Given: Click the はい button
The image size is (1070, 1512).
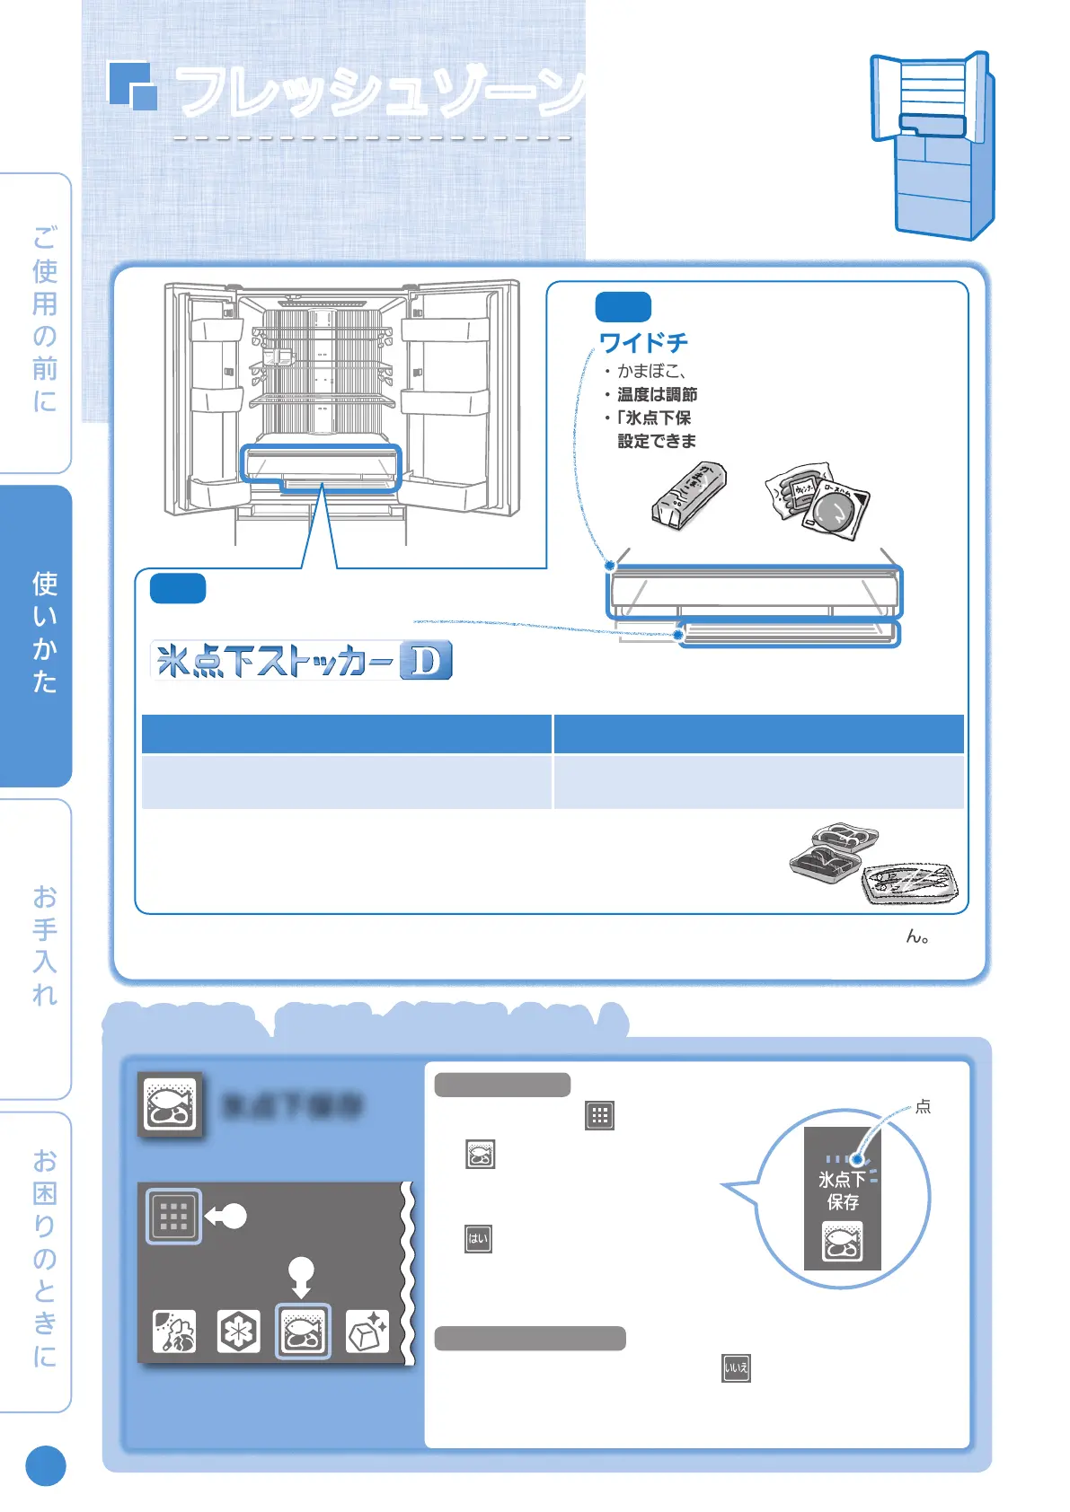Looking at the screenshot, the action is (478, 1239).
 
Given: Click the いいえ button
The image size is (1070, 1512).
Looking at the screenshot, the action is (736, 1368).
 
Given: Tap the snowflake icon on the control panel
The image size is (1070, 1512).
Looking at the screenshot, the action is (238, 1331).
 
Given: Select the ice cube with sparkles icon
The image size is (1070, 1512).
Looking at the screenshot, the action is (367, 1331).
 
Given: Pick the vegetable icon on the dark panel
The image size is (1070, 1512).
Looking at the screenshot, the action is (173, 1331).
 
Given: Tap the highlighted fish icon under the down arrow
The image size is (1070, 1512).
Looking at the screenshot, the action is (303, 1331).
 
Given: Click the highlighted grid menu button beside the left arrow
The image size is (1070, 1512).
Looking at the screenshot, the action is (173, 1217).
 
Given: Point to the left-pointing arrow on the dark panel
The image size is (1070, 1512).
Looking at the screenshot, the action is (225, 1217).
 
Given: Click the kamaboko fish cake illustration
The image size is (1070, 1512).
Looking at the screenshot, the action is (688, 496).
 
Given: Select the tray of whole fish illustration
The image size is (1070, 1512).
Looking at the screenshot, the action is (909, 883).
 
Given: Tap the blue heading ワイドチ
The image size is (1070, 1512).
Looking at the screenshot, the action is (643, 343).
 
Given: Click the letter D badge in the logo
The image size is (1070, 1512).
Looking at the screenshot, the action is (426, 661).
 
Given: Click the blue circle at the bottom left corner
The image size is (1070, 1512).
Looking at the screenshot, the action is (46, 1465).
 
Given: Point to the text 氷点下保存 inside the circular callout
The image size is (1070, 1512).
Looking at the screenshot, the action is (842, 1191).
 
